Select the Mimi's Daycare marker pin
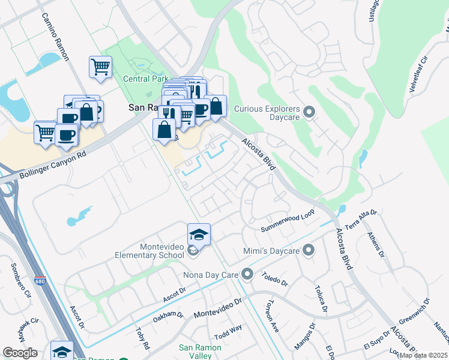pos(309,250)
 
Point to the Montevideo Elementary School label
pos(149,251)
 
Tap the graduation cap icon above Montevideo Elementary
pos(199,234)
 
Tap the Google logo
pos(20,353)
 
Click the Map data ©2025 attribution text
pos(423,355)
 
